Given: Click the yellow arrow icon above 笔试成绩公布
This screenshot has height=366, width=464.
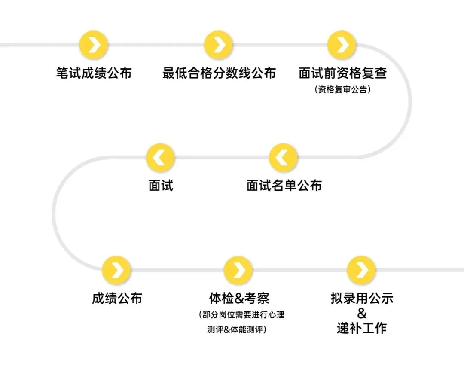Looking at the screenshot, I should point(94,45).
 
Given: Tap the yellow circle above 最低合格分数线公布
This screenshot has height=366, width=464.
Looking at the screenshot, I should point(218,45).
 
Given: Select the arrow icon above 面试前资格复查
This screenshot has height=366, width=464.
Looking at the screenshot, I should point(342,45).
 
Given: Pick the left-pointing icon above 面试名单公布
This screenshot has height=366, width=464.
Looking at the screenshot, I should point(284,158).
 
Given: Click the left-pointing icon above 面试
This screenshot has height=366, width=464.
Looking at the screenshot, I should point(160,158).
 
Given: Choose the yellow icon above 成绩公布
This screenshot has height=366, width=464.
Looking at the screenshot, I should point(116,270).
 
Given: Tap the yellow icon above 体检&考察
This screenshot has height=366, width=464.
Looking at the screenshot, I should point(238,270).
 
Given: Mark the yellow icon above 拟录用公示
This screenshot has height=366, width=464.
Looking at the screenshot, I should point(361,270).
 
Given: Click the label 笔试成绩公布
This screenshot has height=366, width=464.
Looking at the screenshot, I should point(94,73).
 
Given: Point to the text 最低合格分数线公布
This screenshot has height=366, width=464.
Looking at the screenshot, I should point(219,73).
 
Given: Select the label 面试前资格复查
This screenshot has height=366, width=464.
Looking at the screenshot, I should point(342,73).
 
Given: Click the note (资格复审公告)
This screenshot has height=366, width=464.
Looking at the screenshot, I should point(342,90).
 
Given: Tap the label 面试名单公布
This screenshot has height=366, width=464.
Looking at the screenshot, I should point(284,185).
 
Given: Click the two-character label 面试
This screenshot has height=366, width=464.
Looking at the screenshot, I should point(161,185).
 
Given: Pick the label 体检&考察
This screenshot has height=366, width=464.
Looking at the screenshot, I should point(239,298).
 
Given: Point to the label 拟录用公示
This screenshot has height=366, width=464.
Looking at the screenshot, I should point(362,298).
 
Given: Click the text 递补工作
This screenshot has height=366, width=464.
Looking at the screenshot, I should point(362,328).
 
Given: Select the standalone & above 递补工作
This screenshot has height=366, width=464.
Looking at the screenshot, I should point(362,313).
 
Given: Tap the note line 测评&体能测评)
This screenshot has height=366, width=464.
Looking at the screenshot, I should point(236,330).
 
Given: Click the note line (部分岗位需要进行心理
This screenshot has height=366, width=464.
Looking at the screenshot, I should point(241,315).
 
